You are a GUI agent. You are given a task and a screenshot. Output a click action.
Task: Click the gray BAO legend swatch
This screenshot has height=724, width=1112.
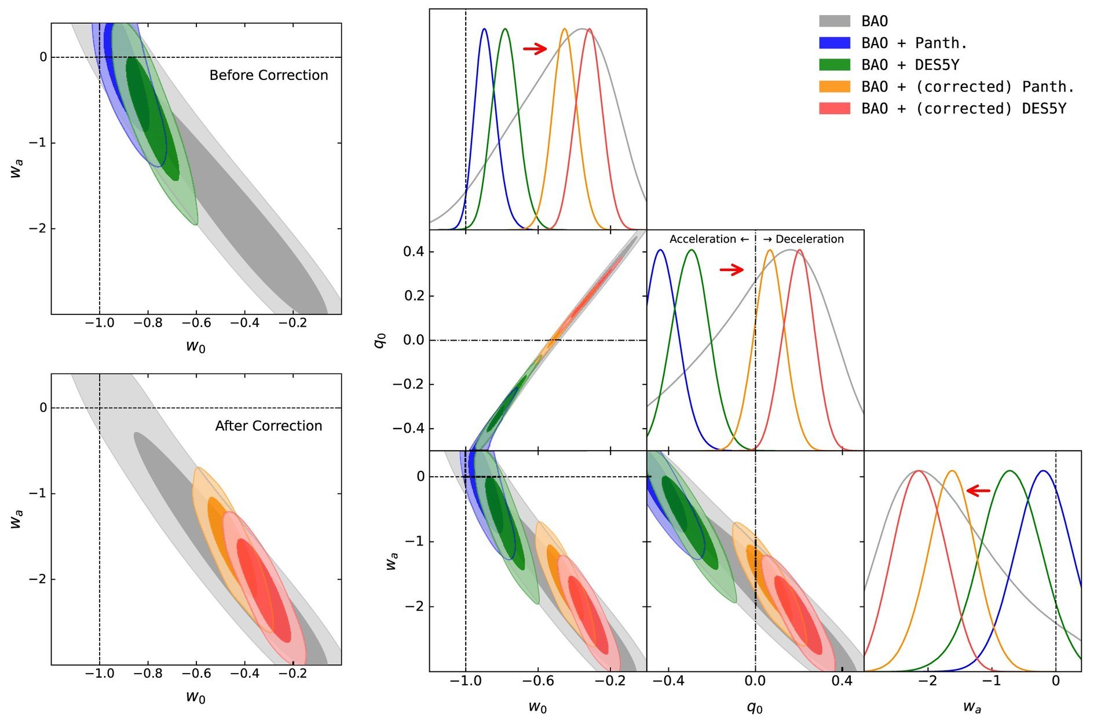point(834,21)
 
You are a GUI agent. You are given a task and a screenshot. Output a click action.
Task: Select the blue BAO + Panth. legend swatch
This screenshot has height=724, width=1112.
point(834,43)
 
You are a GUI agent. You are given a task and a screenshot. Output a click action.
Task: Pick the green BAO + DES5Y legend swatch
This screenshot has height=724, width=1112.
point(834,65)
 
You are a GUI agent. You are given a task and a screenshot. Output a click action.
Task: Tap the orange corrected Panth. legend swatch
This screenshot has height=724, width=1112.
point(834,87)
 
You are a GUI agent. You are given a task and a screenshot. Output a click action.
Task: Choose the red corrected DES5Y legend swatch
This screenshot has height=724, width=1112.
point(834,108)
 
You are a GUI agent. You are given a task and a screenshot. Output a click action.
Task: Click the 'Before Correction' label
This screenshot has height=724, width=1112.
point(269,75)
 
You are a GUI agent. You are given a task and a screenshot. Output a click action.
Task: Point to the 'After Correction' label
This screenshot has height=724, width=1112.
point(269,426)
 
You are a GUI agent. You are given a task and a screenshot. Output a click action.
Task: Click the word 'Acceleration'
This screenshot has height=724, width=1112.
point(703,239)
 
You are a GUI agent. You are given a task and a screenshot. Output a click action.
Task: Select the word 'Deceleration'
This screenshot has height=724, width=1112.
point(809,239)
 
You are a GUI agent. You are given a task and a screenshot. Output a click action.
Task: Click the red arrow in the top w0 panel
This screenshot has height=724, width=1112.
point(535,49)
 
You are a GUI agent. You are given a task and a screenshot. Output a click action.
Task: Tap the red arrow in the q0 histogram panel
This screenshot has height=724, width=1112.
point(731,269)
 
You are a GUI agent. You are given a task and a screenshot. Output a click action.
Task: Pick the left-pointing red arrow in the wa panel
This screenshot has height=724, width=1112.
point(978,491)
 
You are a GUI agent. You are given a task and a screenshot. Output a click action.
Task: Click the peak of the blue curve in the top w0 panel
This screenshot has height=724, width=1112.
point(484,29)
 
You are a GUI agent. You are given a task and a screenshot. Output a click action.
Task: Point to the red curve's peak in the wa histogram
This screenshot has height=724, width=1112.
point(918,471)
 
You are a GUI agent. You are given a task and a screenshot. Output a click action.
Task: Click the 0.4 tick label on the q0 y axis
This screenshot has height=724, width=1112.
point(414,252)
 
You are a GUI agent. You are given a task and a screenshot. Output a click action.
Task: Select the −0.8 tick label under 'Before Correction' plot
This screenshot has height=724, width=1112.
point(148,323)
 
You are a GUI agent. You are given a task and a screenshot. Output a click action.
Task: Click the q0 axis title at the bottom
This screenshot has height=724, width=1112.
point(755,707)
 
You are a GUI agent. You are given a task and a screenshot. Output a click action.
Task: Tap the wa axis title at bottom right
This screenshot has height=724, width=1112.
point(972,707)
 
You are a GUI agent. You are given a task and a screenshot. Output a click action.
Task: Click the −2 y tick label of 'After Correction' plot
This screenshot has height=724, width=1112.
point(38,579)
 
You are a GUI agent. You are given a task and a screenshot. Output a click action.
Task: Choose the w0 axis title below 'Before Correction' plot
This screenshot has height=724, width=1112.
point(196,346)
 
